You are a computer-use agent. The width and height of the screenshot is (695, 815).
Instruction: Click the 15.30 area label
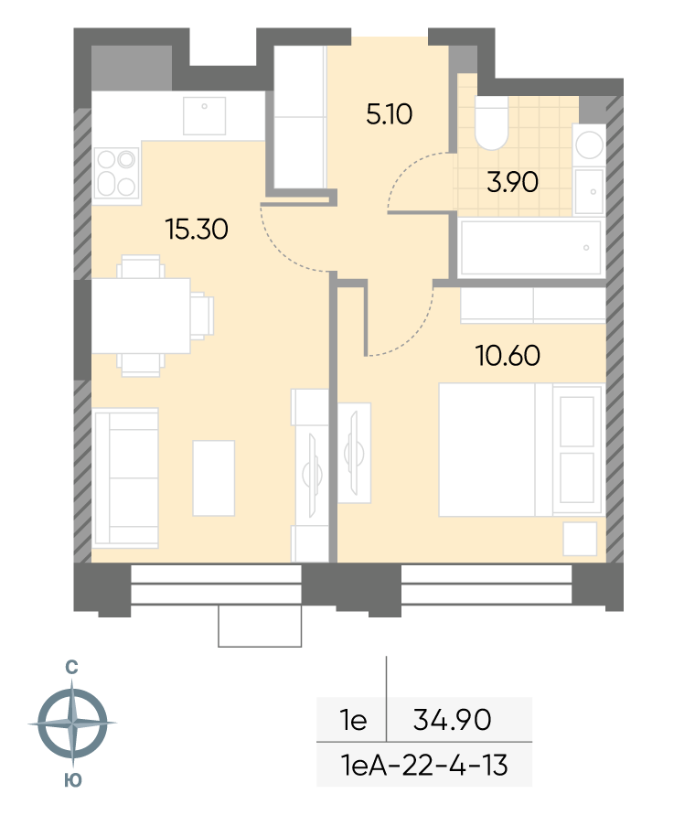click(x=197, y=230)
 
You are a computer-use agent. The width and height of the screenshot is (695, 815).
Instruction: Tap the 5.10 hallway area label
click(x=389, y=113)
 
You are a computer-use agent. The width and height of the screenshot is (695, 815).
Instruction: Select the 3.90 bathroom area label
click(x=512, y=182)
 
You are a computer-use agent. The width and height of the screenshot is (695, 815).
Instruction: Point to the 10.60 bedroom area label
click(x=508, y=356)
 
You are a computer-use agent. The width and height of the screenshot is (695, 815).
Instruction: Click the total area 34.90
click(x=453, y=720)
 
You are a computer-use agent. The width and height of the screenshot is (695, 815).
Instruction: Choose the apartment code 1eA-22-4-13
click(x=424, y=765)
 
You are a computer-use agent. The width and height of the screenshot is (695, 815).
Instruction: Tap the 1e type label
click(x=354, y=720)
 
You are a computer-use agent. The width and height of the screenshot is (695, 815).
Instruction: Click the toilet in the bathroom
click(x=491, y=123)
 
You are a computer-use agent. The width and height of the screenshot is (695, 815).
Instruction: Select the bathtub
click(x=531, y=247)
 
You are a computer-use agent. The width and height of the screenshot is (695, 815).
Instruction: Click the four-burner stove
click(x=117, y=174)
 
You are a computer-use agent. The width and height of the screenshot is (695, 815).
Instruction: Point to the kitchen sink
click(x=204, y=116)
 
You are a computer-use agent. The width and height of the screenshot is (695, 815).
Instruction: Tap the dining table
click(x=141, y=316)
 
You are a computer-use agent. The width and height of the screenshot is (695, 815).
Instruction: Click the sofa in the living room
click(x=125, y=478)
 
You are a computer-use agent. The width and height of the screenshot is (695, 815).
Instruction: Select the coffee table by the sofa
click(x=214, y=478)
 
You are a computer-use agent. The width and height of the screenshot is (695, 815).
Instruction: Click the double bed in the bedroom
click(x=522, y=450)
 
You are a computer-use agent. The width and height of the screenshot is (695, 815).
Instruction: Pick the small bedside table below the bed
click(x=580, y=539)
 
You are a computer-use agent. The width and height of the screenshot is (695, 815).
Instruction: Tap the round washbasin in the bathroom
click(x=590, y=145)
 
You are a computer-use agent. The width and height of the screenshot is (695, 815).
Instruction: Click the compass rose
click(x=72, y=723)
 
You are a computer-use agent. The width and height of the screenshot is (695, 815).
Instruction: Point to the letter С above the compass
click(x=71, y=667)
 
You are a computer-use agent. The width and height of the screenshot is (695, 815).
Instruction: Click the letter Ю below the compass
click(x=73, y=780)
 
